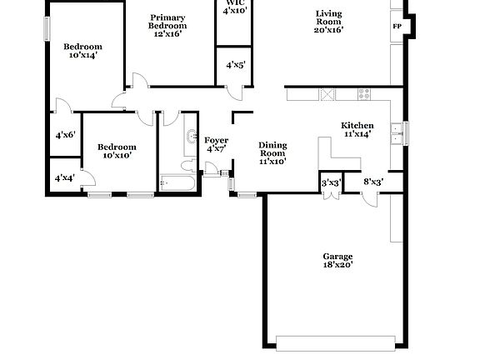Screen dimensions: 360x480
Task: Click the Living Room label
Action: (x=329, y=21)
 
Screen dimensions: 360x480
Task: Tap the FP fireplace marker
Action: (x=397, y=26)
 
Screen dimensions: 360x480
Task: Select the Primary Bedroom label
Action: (x=167, y=26)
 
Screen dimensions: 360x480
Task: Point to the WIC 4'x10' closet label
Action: (x=234, y=7)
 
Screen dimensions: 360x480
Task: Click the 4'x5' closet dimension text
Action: (x=235, y=64)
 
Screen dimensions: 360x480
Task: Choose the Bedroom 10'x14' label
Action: (x=83, y=50)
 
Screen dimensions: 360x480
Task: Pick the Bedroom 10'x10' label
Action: (x=119, y=151)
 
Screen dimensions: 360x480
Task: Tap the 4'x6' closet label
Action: (x=65, y=135)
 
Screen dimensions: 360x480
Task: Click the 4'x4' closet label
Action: (x=64, y=177)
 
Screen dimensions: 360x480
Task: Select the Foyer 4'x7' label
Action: (x=217, y=144)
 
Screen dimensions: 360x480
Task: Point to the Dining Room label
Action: (x=272, y=153)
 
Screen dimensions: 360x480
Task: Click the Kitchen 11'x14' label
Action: (x=357, y=129)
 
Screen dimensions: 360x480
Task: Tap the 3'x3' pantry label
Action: (x=331, y=182)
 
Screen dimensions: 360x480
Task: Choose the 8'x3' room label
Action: (x=372, y=182)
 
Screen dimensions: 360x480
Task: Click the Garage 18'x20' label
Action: (x=337, y=260)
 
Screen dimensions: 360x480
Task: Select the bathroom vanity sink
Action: (x=191, y=137)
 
